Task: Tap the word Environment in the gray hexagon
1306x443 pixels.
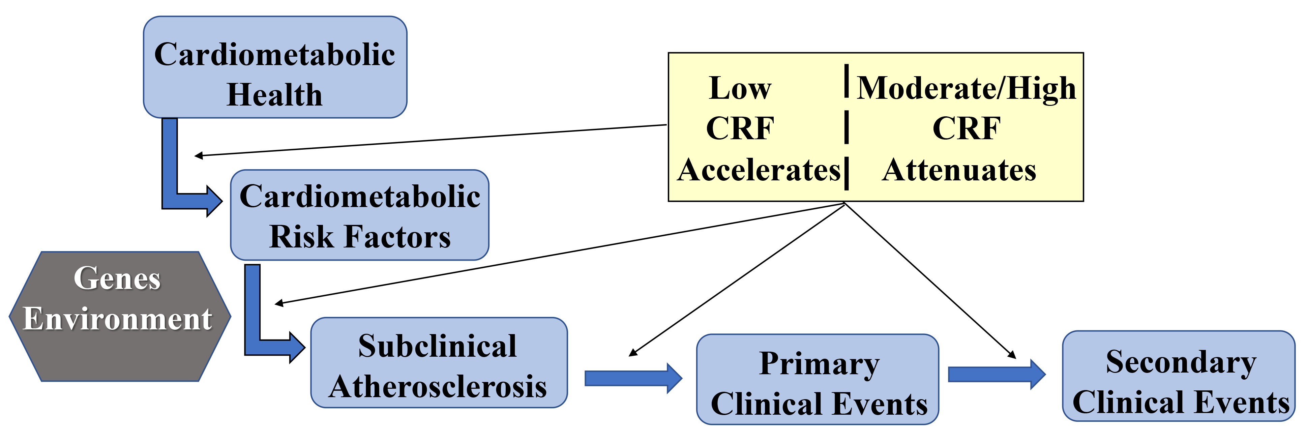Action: click(117, 319)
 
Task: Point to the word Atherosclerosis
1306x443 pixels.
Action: click(438, 387)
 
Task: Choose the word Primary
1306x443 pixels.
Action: click(819, 364)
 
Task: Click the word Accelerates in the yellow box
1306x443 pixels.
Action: click(759, 170)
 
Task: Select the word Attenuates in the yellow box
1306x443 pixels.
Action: click(959, 170)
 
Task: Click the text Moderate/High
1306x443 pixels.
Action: click(966, 88)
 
